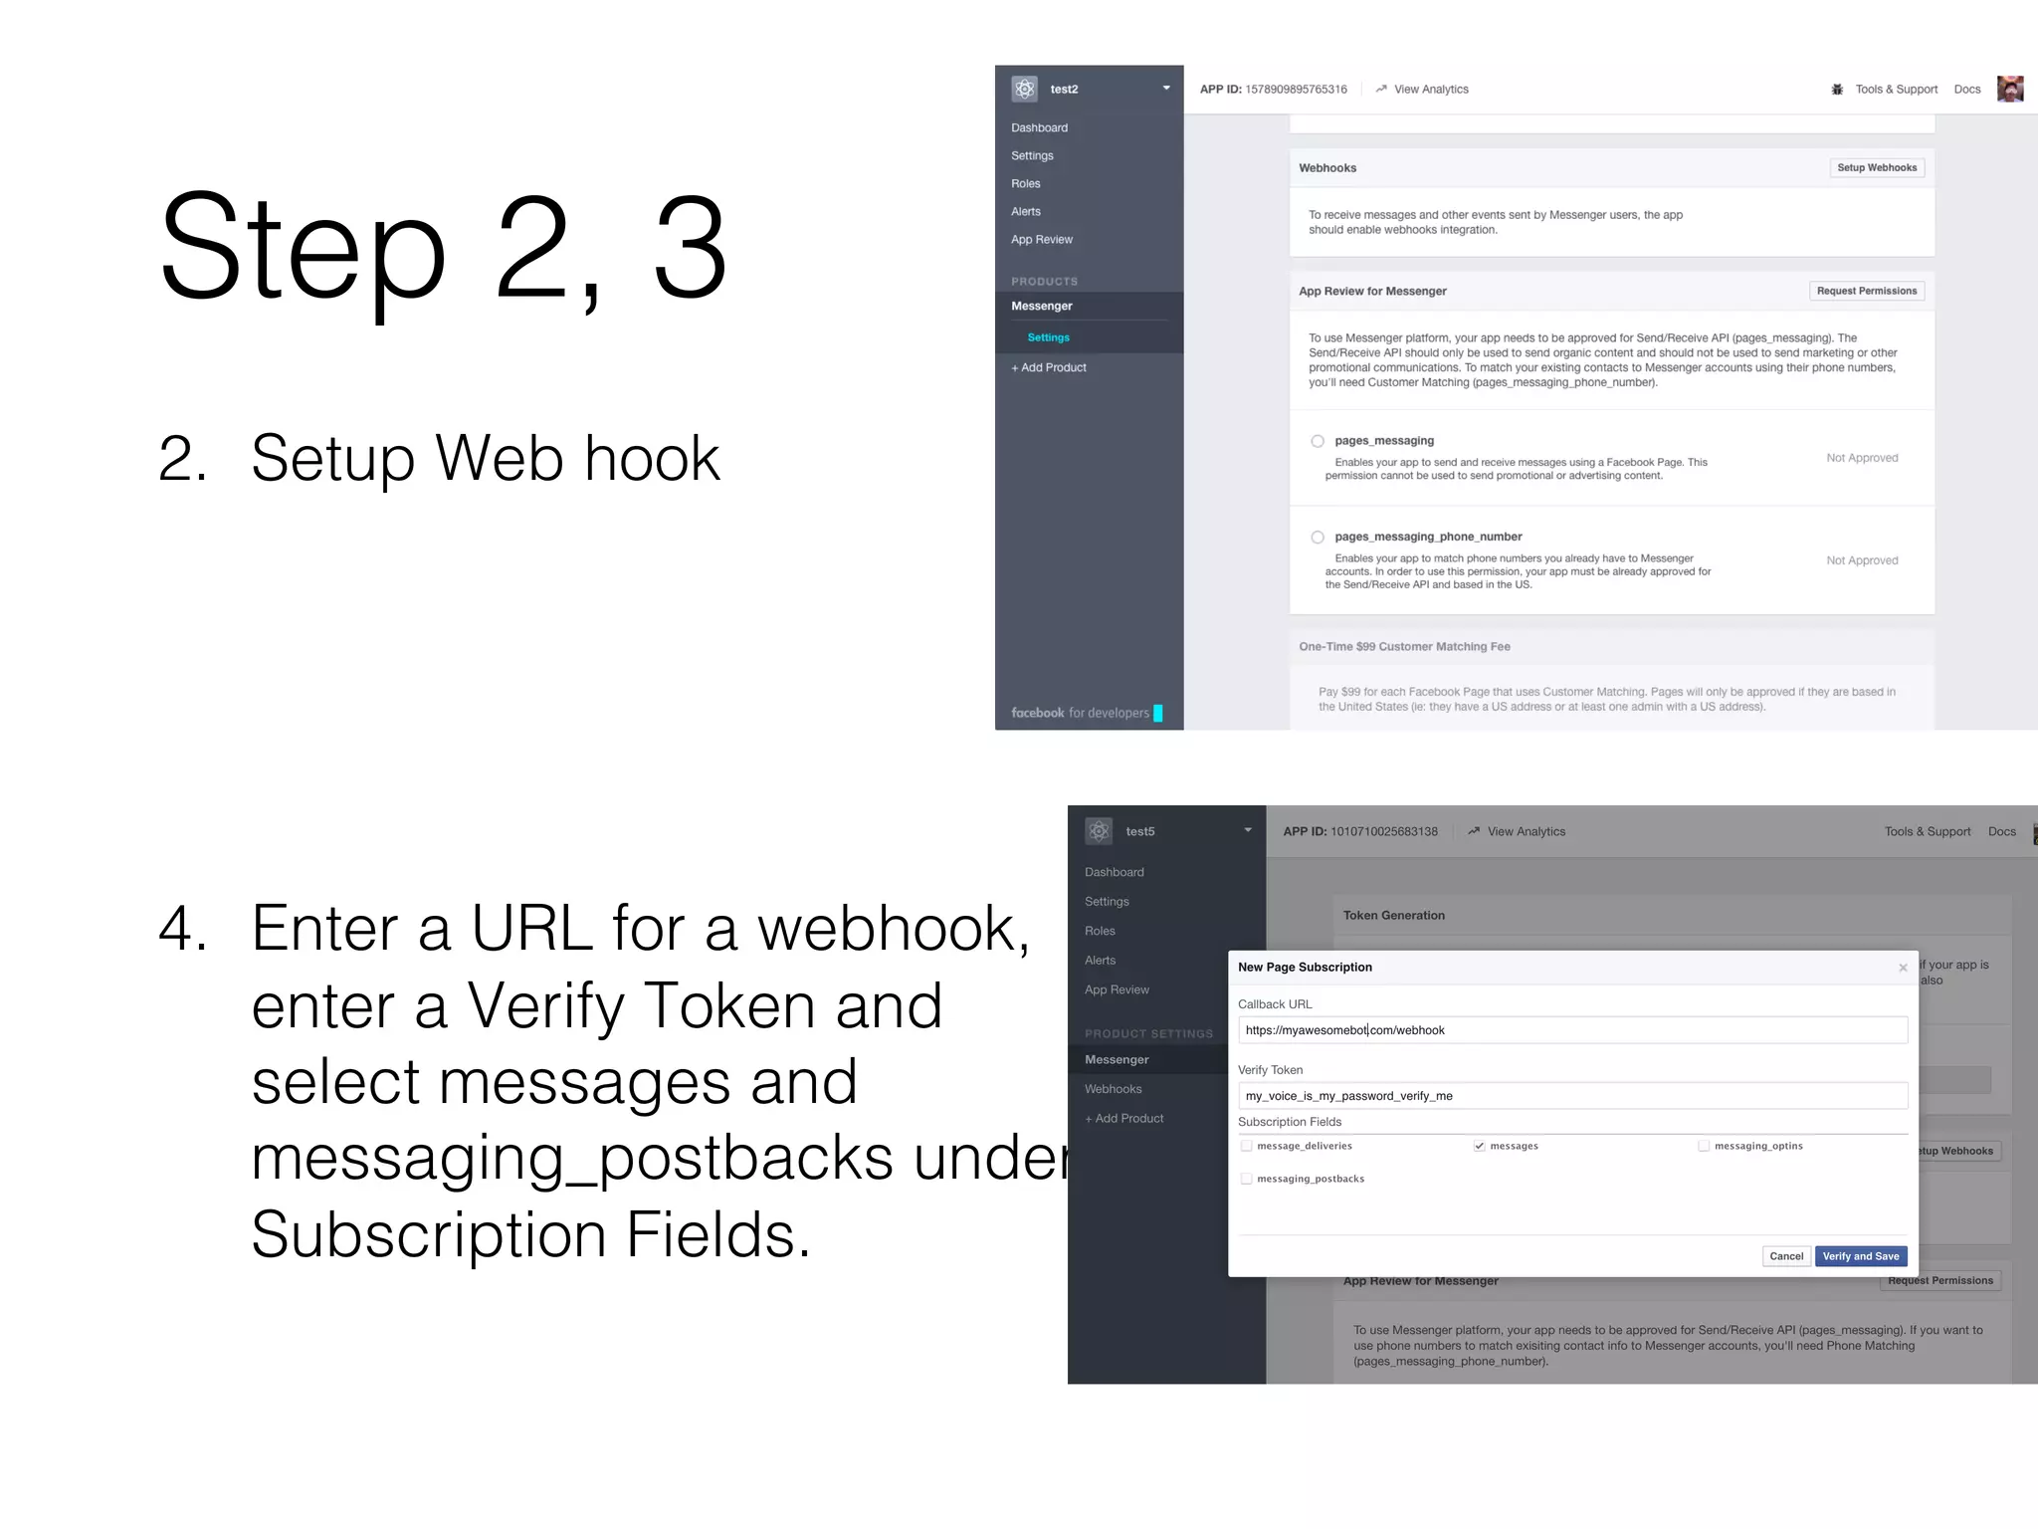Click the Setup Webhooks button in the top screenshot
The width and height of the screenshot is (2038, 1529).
(1876, 168)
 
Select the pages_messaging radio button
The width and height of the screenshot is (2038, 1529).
(1318, 441)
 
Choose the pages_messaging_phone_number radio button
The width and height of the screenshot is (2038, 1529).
(1318, 538)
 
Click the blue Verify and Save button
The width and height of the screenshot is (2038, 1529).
(1860, 1256)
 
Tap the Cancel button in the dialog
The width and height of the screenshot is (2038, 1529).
(1785, 1256)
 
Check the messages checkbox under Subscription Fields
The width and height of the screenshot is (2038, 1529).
(1479, 1147)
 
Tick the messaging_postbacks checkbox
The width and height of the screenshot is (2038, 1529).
(1246, 1180)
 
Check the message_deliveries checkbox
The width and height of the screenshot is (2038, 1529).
(1246, 1147)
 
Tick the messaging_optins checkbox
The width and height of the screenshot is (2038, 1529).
(1704, 1147)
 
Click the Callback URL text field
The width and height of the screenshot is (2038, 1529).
(1572, 1030)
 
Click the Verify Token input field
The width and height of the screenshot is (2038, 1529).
(1572, 1096)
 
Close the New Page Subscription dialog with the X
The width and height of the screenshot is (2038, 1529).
(1903, 968)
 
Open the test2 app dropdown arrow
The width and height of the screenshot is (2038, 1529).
(1166, 89)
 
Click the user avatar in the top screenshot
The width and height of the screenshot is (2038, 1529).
(2009, 89)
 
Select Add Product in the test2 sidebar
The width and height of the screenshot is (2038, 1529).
(1049, 368)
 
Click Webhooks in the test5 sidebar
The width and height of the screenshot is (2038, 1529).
(1113, 1089)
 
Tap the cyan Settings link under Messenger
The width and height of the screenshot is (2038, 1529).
(1048, 338)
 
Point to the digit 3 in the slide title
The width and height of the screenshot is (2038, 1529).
(689, 247)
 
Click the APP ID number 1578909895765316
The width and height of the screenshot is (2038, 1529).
(1296, 90)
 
